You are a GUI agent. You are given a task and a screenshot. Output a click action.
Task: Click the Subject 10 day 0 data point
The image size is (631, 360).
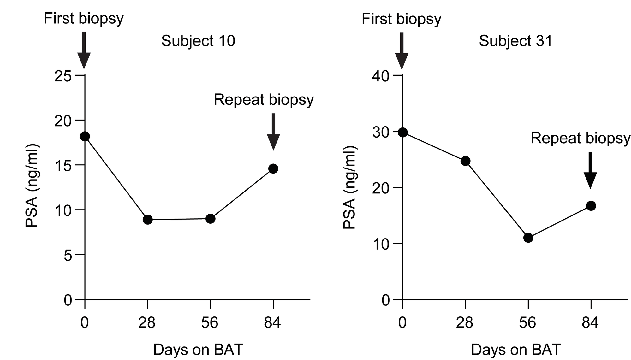[x=85, y=136]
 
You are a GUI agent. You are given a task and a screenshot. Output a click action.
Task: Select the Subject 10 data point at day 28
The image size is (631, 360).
[x=147, y=220]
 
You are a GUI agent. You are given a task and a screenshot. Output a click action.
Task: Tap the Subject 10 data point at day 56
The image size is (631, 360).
[x=210, y=219]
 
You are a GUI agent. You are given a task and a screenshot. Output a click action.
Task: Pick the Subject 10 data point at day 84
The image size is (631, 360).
[x=273, y=169]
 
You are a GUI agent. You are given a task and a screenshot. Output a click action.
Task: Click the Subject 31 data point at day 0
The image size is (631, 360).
[x=402, y=133]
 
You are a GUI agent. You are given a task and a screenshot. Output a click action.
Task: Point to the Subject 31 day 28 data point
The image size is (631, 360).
[x=465, y=161]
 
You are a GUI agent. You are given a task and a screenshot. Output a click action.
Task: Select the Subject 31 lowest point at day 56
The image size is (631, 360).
[x=528, y=238]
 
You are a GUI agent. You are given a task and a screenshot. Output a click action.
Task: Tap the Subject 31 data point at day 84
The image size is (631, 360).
[x=591, y=206]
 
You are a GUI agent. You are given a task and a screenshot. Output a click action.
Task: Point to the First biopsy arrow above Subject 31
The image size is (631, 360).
[x=402, y=50]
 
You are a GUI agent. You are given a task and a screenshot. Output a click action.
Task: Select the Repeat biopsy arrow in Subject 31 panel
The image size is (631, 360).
[x=590, y=170]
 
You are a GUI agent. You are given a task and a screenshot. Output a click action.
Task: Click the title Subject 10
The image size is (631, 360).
[x=198, y=41]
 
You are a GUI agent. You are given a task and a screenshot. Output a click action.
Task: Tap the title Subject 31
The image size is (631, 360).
[x=516, y=41]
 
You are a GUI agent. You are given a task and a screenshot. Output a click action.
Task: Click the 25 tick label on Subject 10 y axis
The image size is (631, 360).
[x=63, y=77]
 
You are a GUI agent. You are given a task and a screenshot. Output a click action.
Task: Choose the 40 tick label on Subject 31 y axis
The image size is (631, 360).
[x=381, y=77]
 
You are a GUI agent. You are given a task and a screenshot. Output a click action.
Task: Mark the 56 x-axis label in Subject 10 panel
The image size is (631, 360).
[x=210, y=323]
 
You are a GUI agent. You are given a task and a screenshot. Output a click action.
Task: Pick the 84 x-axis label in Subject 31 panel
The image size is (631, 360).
[x=590, y=323]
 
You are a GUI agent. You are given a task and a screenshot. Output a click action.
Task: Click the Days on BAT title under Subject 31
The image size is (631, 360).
[x=516, y=350]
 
